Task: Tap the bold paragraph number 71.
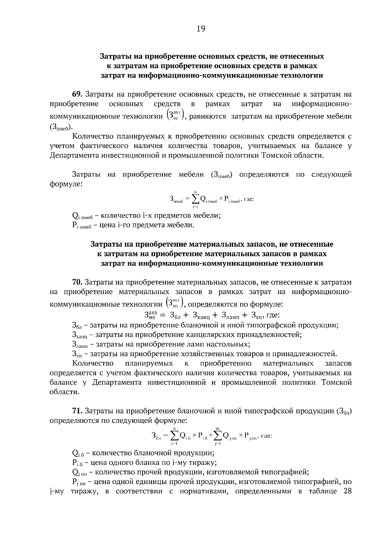pos(78,411)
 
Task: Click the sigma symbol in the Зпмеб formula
pos(195,199)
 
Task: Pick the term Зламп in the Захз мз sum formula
pos(231,315)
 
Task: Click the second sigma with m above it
pos(218,436)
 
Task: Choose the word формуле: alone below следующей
pos(66,184)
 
